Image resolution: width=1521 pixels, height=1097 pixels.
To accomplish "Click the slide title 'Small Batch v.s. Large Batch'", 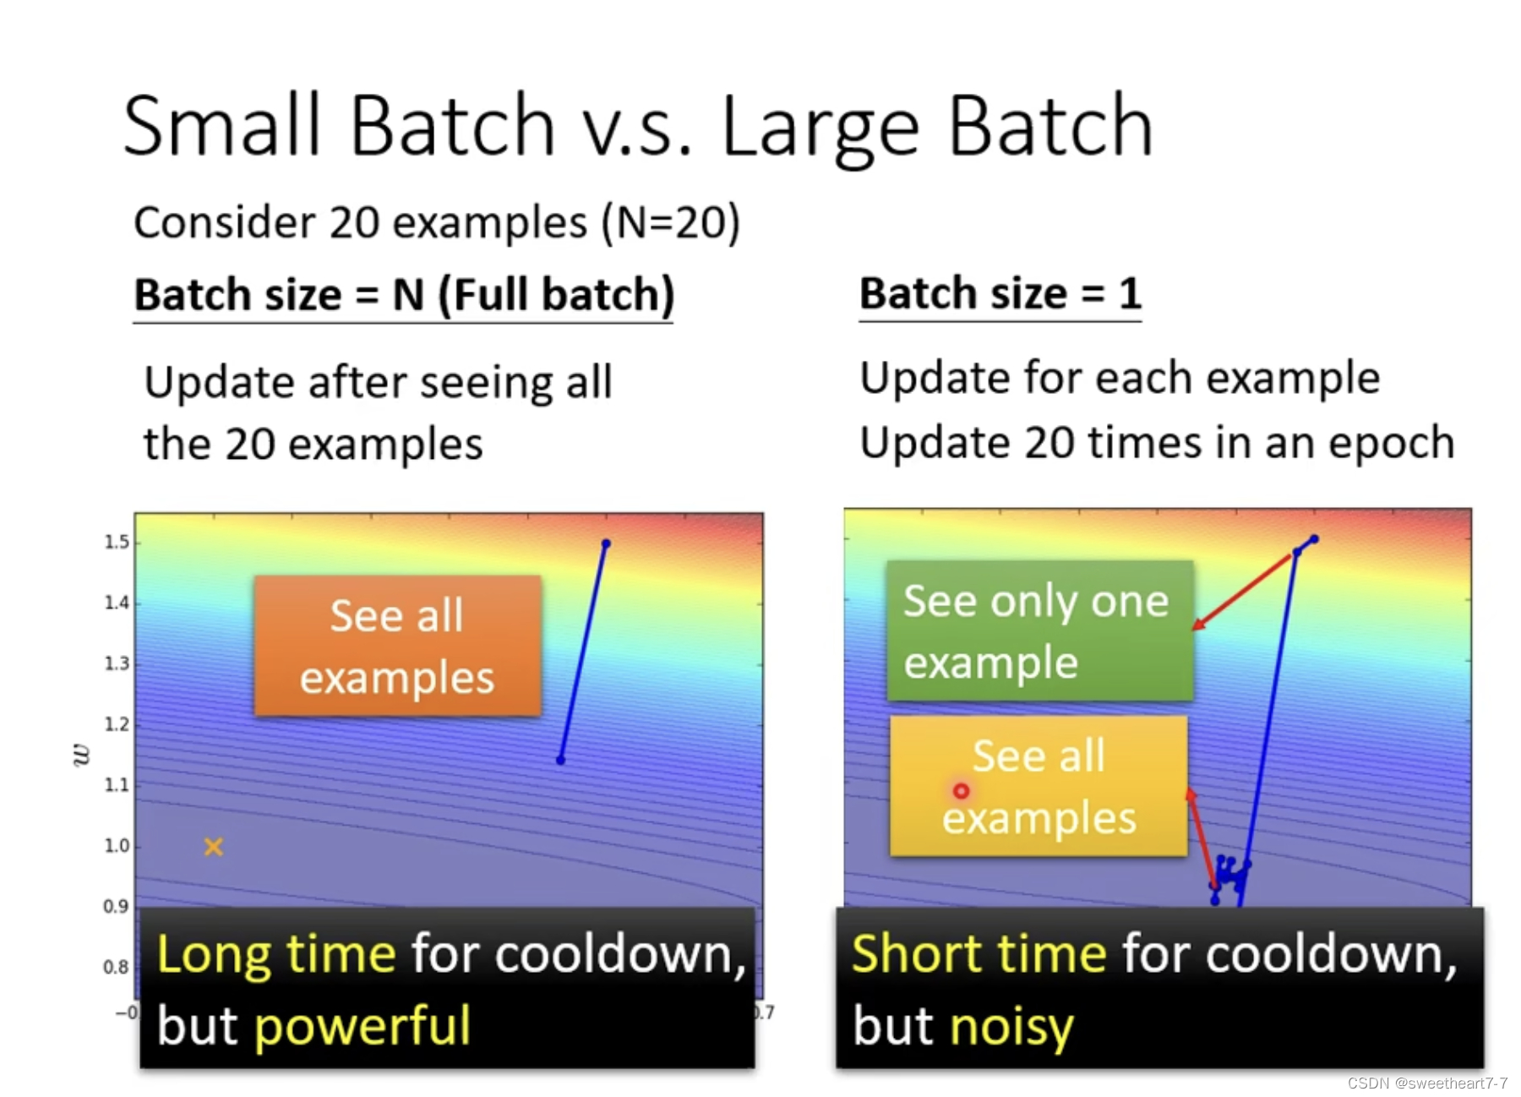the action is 638,127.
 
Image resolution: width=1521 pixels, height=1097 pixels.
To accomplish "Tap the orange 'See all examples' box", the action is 397,647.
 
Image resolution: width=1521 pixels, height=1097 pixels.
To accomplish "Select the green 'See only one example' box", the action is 1040,630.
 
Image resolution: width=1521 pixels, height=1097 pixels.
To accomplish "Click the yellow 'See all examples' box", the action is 1039,786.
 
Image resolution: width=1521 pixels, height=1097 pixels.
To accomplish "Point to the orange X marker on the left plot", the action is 214,846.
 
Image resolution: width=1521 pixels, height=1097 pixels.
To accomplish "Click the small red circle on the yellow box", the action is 961,791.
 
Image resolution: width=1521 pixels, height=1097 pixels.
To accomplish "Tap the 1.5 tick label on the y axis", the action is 117,542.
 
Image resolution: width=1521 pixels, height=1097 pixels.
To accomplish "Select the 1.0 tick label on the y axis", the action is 117,846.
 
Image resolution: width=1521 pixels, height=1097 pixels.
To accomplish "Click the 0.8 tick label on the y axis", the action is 117,967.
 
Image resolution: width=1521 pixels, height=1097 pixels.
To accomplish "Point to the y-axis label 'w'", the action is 81,755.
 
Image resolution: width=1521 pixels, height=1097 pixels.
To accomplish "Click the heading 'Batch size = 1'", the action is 1000,294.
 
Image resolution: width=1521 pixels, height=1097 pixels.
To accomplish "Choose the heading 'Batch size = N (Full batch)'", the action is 404,296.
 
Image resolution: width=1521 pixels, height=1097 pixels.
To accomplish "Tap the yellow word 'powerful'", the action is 363,1026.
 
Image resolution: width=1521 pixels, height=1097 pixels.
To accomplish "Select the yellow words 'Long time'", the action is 276,955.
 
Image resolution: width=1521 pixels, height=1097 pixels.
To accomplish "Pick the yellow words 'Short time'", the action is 979,955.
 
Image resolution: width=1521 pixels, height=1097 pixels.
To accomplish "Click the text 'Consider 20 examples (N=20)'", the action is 437,223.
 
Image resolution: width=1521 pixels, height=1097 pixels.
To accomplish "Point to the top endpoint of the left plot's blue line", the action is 606,543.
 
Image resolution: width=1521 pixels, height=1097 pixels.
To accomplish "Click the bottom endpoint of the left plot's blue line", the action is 560,760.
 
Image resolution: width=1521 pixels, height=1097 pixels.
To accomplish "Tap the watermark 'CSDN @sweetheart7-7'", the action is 1427,1083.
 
